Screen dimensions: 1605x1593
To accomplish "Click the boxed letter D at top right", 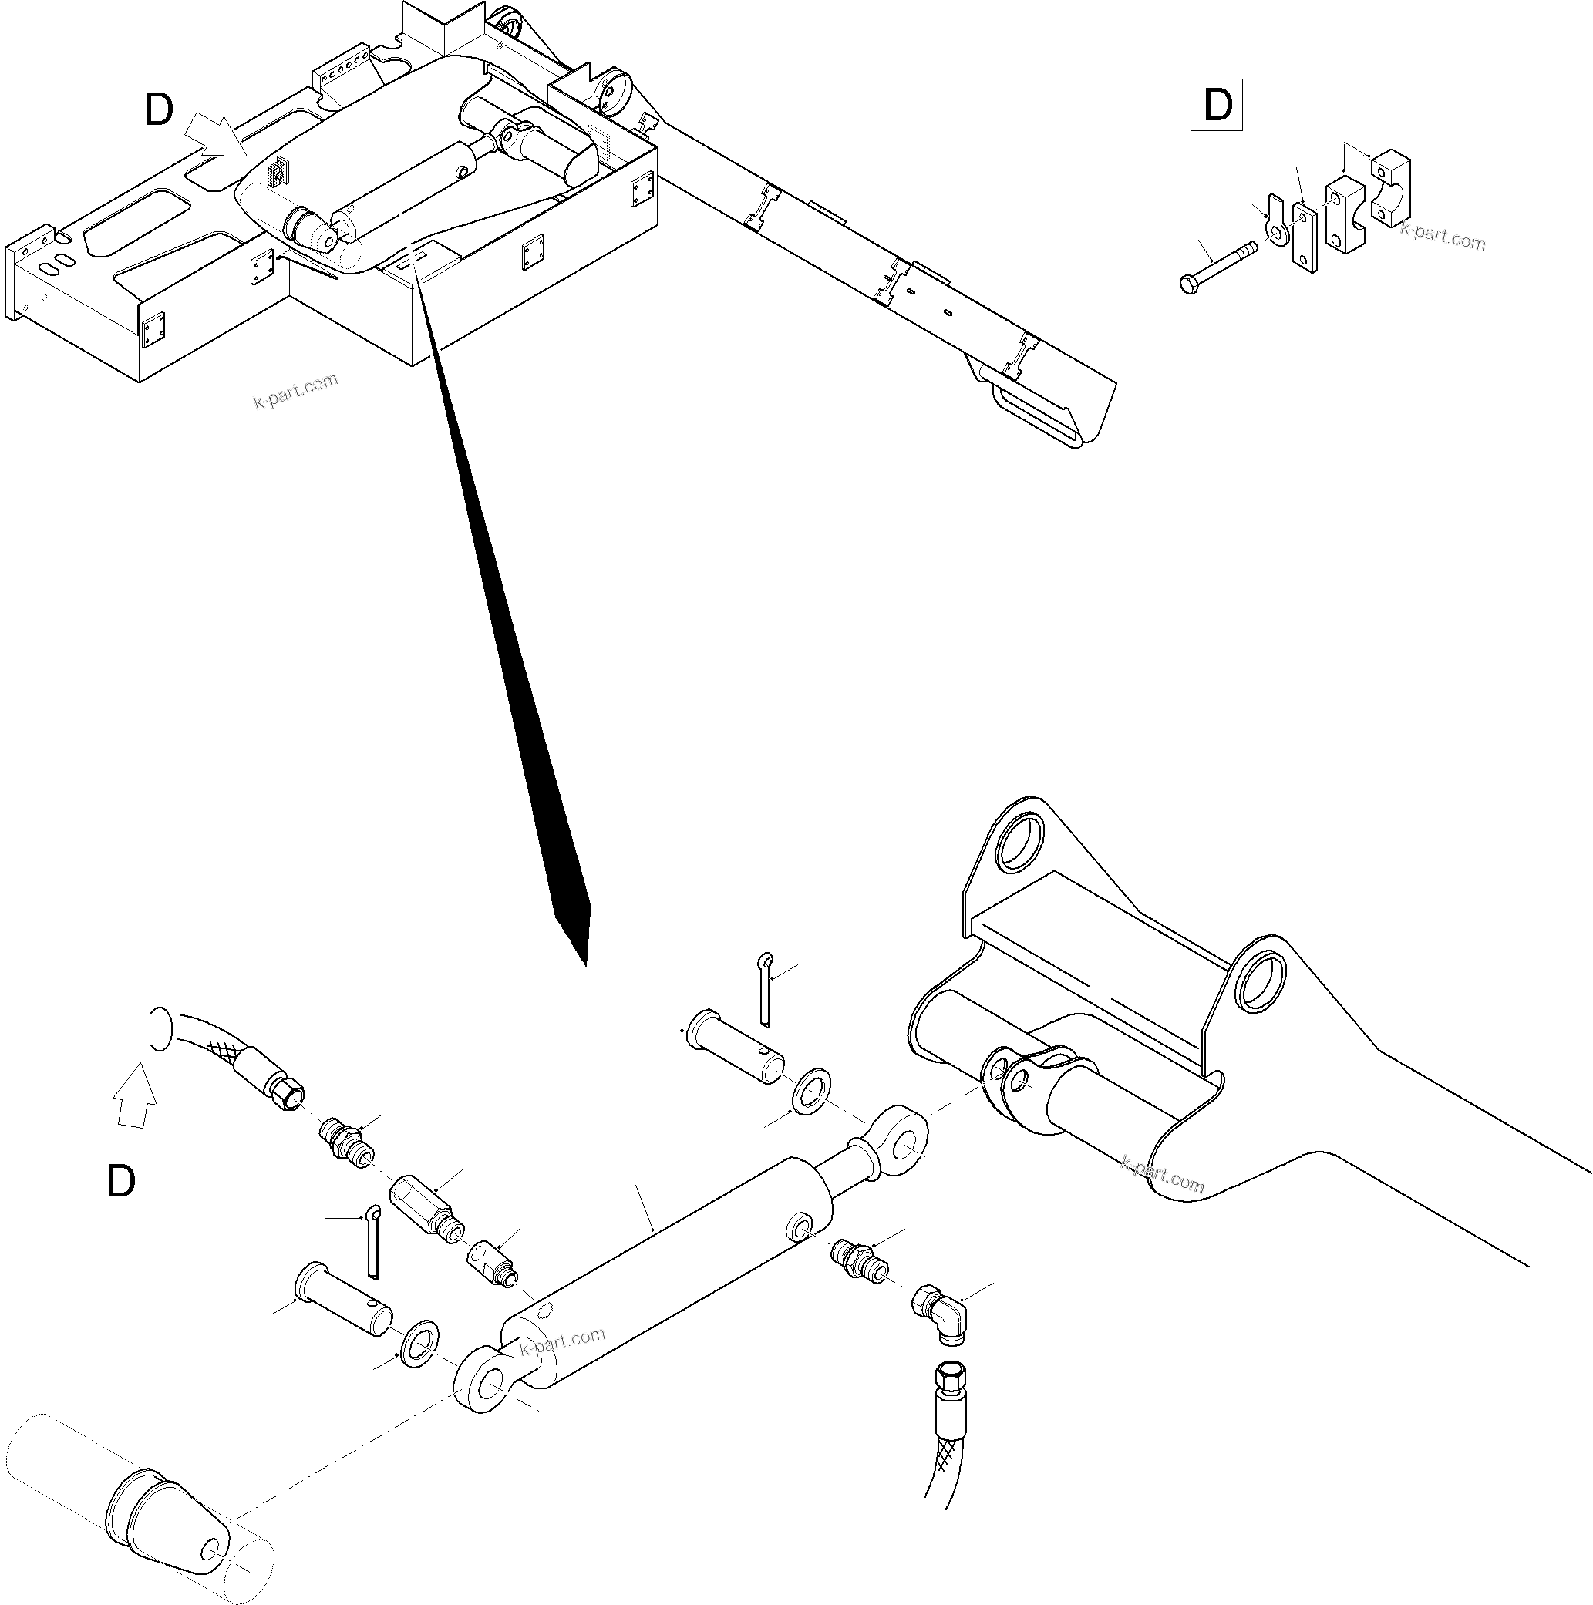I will (x=1217, y=106).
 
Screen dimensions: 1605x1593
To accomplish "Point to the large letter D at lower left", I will (x=121, y=1181).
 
